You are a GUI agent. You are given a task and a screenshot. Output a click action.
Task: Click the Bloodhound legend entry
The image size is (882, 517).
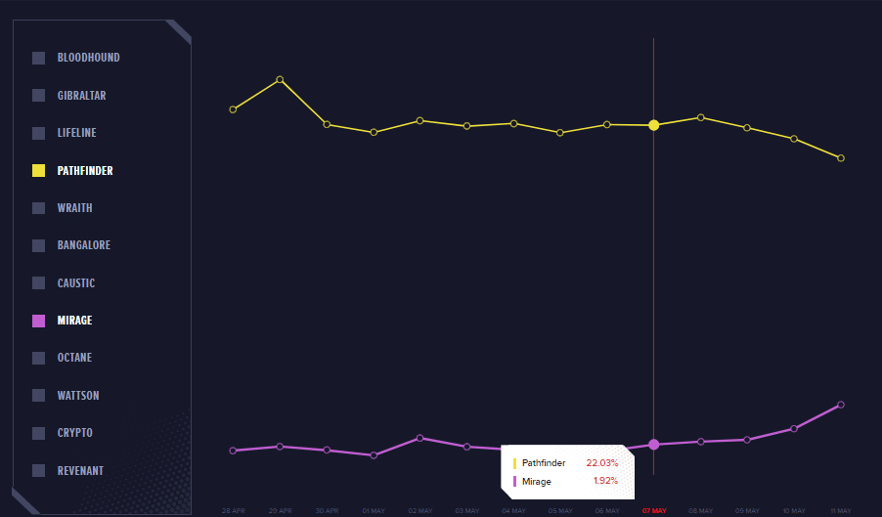88,58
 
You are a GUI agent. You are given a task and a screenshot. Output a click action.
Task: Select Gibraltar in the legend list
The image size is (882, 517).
81,96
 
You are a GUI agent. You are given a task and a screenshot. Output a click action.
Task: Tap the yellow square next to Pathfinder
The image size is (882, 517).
39,171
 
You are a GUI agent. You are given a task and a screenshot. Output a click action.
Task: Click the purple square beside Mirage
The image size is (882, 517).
39,321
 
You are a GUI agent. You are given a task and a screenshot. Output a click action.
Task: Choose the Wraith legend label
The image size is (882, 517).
74,208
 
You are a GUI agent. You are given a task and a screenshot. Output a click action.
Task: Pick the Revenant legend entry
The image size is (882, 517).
80,471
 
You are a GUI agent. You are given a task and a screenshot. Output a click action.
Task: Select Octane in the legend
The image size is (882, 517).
74,358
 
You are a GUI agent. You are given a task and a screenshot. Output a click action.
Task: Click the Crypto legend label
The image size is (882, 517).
74,433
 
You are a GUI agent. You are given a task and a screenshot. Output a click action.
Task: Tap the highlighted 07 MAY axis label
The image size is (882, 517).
653,511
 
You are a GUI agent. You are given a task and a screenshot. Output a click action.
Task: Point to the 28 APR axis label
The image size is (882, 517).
233,511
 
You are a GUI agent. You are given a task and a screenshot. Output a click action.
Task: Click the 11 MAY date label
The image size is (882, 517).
841,511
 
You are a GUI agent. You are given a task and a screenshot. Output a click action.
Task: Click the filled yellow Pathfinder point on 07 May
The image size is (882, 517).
653,125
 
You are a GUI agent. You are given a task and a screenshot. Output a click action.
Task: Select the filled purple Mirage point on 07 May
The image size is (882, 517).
653,445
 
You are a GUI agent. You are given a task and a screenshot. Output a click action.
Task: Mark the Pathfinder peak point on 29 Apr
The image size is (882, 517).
280,79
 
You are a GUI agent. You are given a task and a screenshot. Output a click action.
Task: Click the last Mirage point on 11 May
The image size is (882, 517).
841,405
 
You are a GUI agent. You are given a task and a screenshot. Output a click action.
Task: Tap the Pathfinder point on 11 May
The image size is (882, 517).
841,158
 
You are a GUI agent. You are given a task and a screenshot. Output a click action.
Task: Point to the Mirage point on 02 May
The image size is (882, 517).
419,438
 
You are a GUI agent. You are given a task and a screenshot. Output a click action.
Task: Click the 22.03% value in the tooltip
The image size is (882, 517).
602,462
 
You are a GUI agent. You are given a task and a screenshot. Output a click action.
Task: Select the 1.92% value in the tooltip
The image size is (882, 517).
605,481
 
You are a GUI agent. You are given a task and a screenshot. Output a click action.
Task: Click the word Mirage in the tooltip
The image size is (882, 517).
537,482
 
